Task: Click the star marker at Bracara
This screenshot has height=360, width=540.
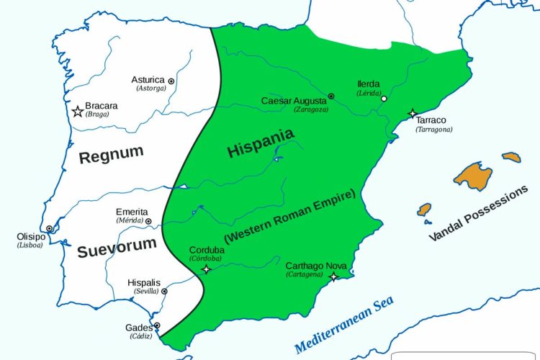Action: coord(77,111)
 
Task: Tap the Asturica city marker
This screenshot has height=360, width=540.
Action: coord(171,81)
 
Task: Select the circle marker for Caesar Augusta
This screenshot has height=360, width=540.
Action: coord(331,96)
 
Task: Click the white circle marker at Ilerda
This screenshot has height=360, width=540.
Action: coord(384,99)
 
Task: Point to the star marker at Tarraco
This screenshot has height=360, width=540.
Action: coord(413,114)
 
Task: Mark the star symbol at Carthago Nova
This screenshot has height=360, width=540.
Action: coord(333,277)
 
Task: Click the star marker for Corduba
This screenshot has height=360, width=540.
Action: coord(207,269)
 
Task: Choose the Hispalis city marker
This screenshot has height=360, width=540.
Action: coord(164,291)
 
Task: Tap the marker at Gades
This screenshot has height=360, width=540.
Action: coord(157,325)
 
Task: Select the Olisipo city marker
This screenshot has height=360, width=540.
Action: coord(49,228)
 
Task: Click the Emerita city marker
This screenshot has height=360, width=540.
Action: coord(153,212)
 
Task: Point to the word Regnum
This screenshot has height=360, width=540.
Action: coord(111,155)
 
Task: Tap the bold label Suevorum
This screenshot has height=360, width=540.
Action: coord(117,247)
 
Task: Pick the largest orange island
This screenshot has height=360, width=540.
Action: coord(472,175)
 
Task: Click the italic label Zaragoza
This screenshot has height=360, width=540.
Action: coord(312,109)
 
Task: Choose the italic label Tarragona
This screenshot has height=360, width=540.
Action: coord(433,130)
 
